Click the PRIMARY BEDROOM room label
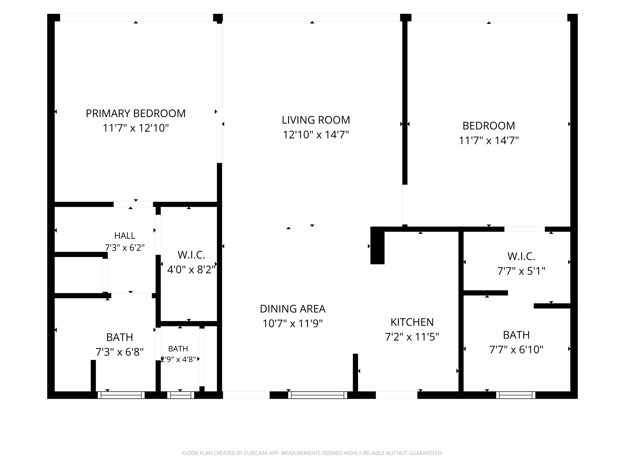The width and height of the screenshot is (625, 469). point(136,113)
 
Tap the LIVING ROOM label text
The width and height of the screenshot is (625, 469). point(316,120)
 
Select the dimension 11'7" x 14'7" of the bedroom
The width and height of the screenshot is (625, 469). point(489,140)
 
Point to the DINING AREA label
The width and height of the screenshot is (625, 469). point(293,309)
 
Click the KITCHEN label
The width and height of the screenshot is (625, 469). point(412,322)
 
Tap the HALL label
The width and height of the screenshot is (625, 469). point(125,236)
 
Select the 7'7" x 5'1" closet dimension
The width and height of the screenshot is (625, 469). point(521,271)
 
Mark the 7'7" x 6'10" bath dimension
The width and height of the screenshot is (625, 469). point(516,350)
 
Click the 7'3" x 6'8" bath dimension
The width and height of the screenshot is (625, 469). point(120,352)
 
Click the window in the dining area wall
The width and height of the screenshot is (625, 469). point(317,395)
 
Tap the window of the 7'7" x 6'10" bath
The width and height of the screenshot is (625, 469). point(516,395)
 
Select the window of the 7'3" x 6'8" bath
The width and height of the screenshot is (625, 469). point(121,395)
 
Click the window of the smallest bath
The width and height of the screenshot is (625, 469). point(181,395)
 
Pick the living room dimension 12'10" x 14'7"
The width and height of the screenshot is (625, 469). point(316,135)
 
